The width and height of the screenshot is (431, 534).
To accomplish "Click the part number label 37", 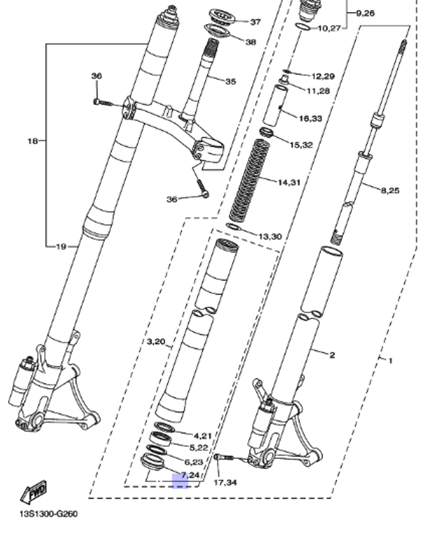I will pyautogui.click(x=256, y=22).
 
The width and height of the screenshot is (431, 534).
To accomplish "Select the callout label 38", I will pyautogui.click(x=250, y=42).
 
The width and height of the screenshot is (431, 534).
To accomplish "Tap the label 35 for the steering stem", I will pyautogui.click(x=231, y=81).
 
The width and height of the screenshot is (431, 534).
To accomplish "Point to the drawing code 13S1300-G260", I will pyautogui.click(x=48, y=514).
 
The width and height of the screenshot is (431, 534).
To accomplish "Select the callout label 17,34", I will pyautogui.click(x=225, y=482).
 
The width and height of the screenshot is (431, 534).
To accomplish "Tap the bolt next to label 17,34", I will pyautogui.click(x=222, y=457).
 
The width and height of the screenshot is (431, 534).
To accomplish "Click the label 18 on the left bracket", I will pyautogui.click(x=33, y=141).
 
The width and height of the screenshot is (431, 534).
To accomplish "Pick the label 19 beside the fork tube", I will pyautogui.click(x=61, y=247).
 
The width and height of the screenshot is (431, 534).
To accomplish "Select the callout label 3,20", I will pyautogui.click(x=156, y=342).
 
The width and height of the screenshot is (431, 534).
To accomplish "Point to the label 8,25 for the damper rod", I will pyautogui.click(x=390, y=190).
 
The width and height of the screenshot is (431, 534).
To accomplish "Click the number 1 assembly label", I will pyautogui.click(x=390, y=360).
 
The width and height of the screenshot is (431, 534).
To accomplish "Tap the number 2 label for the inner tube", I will pyautogui.click(x=332, y=355).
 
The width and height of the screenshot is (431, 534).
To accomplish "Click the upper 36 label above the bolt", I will pyautogui.click(x=97, y=76).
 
